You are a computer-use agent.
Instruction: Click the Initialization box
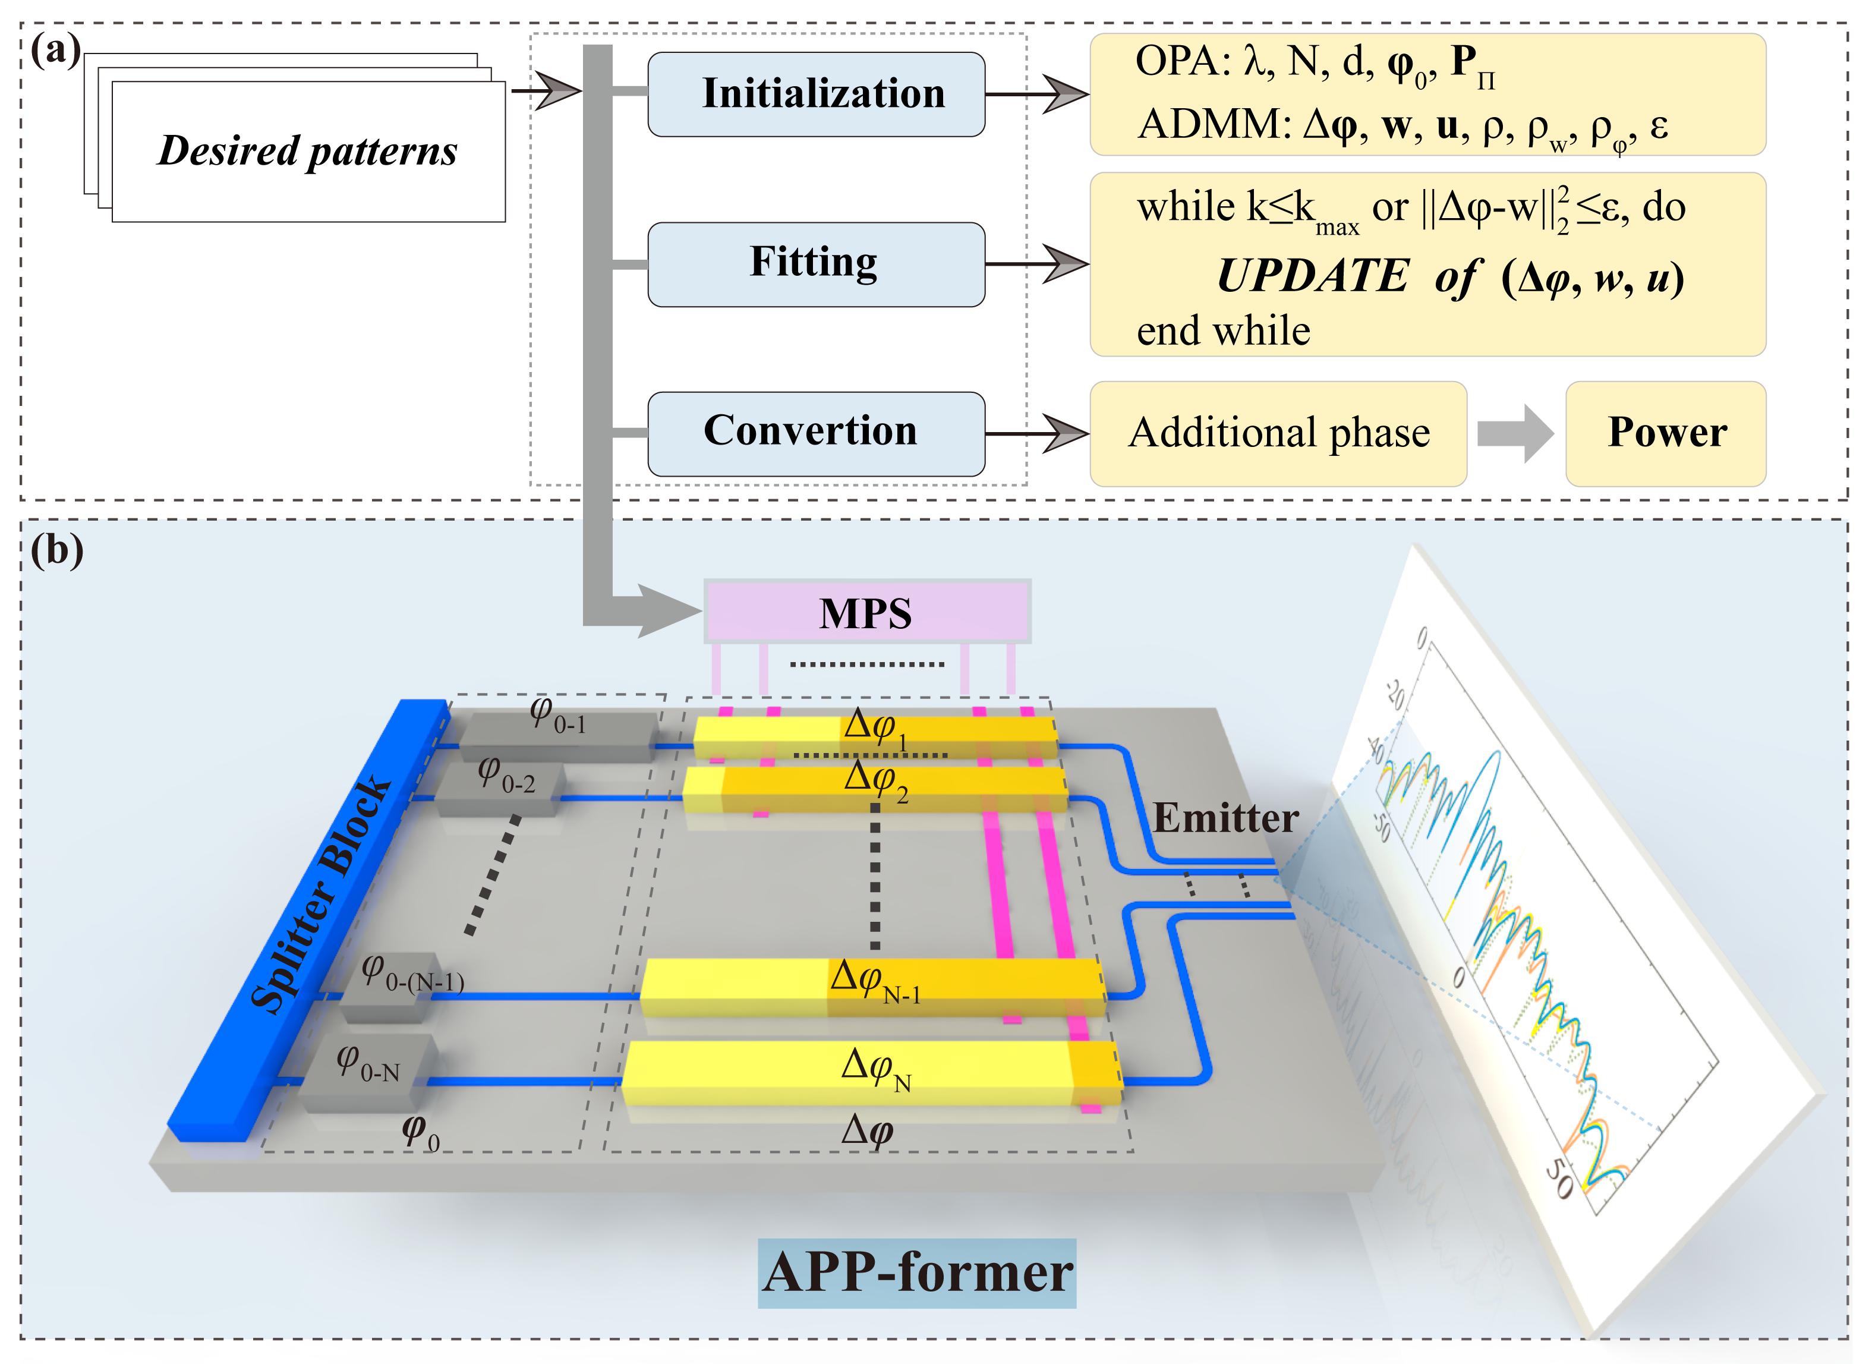point(815,94)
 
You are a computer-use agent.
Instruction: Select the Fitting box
point(815,263)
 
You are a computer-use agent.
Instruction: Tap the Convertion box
point(815,433)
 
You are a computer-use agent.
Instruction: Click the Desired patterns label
point(307,151)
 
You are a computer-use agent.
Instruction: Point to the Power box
point(1665,433)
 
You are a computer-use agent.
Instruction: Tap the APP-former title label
point(916,1272)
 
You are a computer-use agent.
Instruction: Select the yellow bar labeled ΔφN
point(871,1073)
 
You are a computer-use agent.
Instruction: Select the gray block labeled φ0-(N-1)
point(388,987)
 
